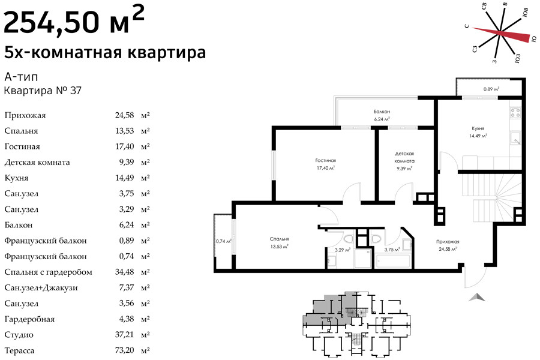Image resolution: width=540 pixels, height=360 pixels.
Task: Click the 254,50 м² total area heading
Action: tap(74, 22)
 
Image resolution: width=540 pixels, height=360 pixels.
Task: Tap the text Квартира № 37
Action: tap(43, 91)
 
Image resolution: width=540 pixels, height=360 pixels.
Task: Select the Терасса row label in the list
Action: tap(19, 350)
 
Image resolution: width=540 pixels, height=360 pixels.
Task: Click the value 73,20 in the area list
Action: tap(124, 350)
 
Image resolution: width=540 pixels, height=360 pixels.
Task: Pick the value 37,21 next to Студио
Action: tap(124, 335)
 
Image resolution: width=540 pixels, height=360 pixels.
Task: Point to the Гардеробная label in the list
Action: tap(29, 319)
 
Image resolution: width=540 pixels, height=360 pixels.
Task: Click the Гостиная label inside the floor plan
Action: tap(325, 160)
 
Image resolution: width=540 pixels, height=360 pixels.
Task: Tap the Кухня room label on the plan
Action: tap(478, 128)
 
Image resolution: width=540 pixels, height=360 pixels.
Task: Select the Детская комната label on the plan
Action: tap(404, 157)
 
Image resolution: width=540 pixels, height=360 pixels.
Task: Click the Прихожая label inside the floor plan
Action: tap(448, 241)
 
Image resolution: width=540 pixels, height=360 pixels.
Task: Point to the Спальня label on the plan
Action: tap(279, 239)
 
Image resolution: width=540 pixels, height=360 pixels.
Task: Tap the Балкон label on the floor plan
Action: tap(382, 112)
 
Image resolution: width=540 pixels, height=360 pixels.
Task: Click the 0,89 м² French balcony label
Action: tap(491, 89)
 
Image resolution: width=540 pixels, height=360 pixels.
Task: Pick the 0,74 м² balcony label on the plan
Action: tap(223, 241)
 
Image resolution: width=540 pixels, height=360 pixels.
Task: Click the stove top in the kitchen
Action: tap(515, 112)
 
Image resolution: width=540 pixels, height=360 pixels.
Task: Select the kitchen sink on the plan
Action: tap(515, 138)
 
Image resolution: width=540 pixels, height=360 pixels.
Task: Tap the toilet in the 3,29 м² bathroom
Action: tap(349, 238)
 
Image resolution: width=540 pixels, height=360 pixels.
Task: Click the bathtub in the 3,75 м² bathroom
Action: tap(393, 261)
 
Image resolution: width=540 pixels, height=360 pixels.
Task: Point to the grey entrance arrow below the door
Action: tap(478, 297)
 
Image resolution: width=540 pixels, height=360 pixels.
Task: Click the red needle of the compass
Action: tap(500, 34)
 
